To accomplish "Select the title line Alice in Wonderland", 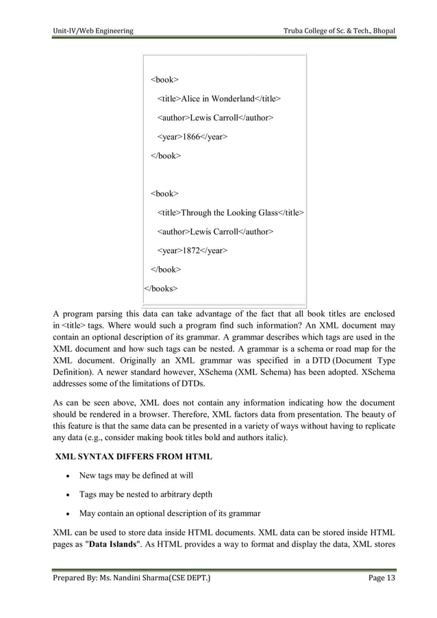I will [x=218, y=99].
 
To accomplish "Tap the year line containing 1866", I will [x=192, y=137].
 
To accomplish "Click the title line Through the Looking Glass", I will [x=231, y=213].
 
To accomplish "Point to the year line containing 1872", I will [x=192, y=251].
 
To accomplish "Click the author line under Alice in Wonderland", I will [x=215, y=118].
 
